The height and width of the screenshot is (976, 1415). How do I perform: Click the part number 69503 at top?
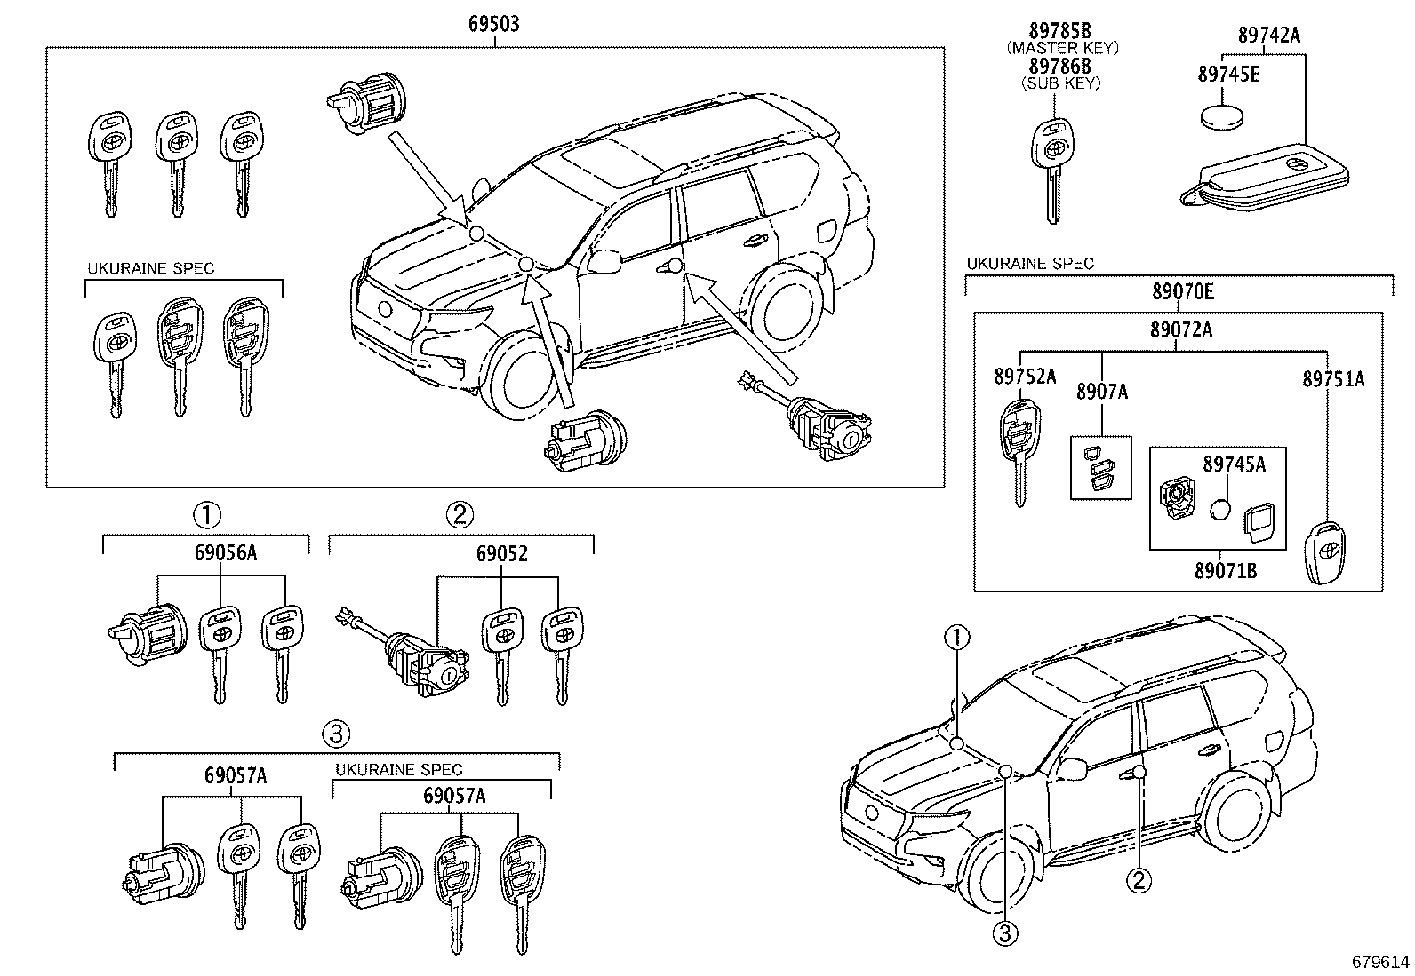coord(494,24)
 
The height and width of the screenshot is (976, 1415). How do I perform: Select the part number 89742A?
coord(1268,36)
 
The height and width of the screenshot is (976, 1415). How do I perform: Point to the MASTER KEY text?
coord(1062,48)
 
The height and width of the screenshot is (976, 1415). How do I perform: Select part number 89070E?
coord(1181,290)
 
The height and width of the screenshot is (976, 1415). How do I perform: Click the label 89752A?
coord(1024,377)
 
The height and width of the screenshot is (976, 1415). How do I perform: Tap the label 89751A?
coord(1333,379)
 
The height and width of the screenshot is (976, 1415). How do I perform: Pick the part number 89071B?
coord(1226,571)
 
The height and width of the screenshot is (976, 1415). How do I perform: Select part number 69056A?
coord(226,554)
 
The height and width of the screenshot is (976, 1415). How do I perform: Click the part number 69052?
coord(501,554)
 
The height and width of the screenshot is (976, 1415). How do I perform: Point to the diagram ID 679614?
coord(1380,962)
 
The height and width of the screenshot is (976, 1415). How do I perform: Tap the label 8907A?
coord(1101,392)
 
